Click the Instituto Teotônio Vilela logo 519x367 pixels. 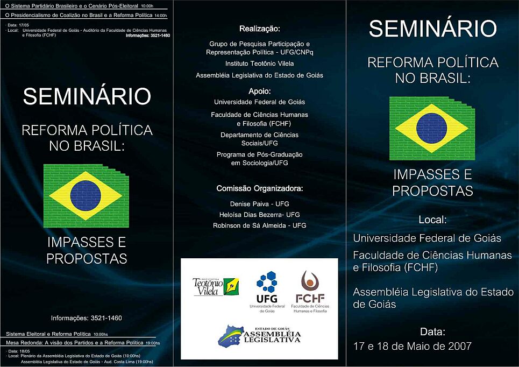pyautogui.click(x=216, y=286)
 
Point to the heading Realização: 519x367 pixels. pyautogui.click(x=259, y=29)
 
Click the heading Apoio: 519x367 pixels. pyautogui.click(x=259, y=91)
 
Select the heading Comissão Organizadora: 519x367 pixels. pyautogui.click(x=259, y=188)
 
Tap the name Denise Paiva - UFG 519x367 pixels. pyautogui.click(x=259, y=204)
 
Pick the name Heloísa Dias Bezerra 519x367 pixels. pyautogui.click(x=251, y=215)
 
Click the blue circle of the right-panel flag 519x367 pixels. pyautogui.click(x=432, y=128)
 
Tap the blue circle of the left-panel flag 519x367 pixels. pyautogui.click(x=86, y=196)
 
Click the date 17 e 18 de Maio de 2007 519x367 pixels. pyautogui.click(x=413, y=346)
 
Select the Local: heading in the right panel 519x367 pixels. pyautogui.click(x=432, y=220)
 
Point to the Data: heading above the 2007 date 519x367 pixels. pyautogui.click(x=432, y=331)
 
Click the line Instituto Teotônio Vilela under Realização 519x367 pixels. pyautogui.click(x=259, y=63)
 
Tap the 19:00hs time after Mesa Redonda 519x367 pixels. pyautogui.click(x=153, y=343)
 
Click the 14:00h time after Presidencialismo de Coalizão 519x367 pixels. pyautogui.click(x=161, y=16)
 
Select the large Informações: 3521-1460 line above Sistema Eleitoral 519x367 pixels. pyautogui.click(x=87, y=318)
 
